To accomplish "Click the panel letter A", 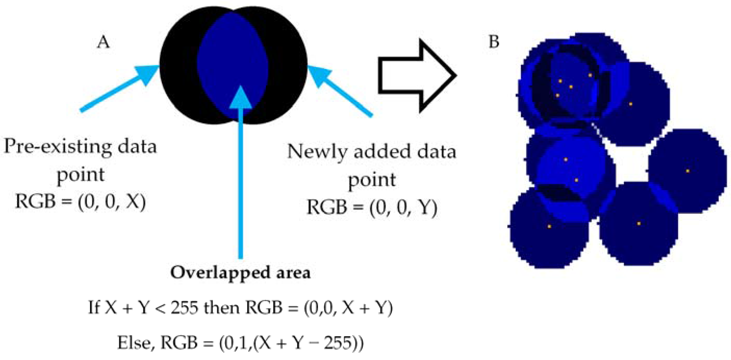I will coord(103,43).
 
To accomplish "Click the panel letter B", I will coord(494,42).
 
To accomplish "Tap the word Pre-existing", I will coord(58,147).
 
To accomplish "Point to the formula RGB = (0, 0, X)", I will coord(81,202).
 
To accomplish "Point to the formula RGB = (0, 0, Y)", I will coord(372,207).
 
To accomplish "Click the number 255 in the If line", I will coord(184,308).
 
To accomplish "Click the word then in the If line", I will coord(222,308).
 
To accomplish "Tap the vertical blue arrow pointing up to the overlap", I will coord(241,170).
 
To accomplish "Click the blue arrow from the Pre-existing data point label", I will coord(119,89).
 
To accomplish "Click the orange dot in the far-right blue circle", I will coord(688,171).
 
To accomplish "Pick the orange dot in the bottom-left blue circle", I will coord(549,227).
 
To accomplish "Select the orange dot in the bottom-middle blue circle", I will coord(639,223).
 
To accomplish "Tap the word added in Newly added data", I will coord(379,152).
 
